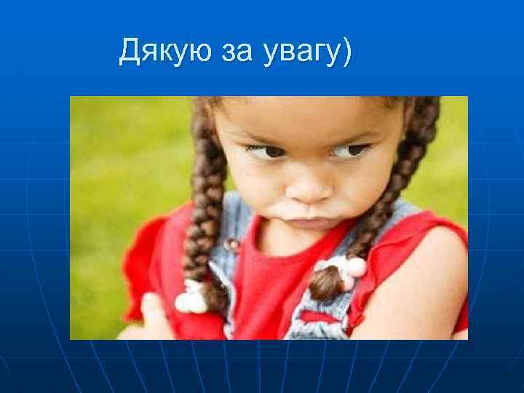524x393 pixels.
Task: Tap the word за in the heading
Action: [233, 52]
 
